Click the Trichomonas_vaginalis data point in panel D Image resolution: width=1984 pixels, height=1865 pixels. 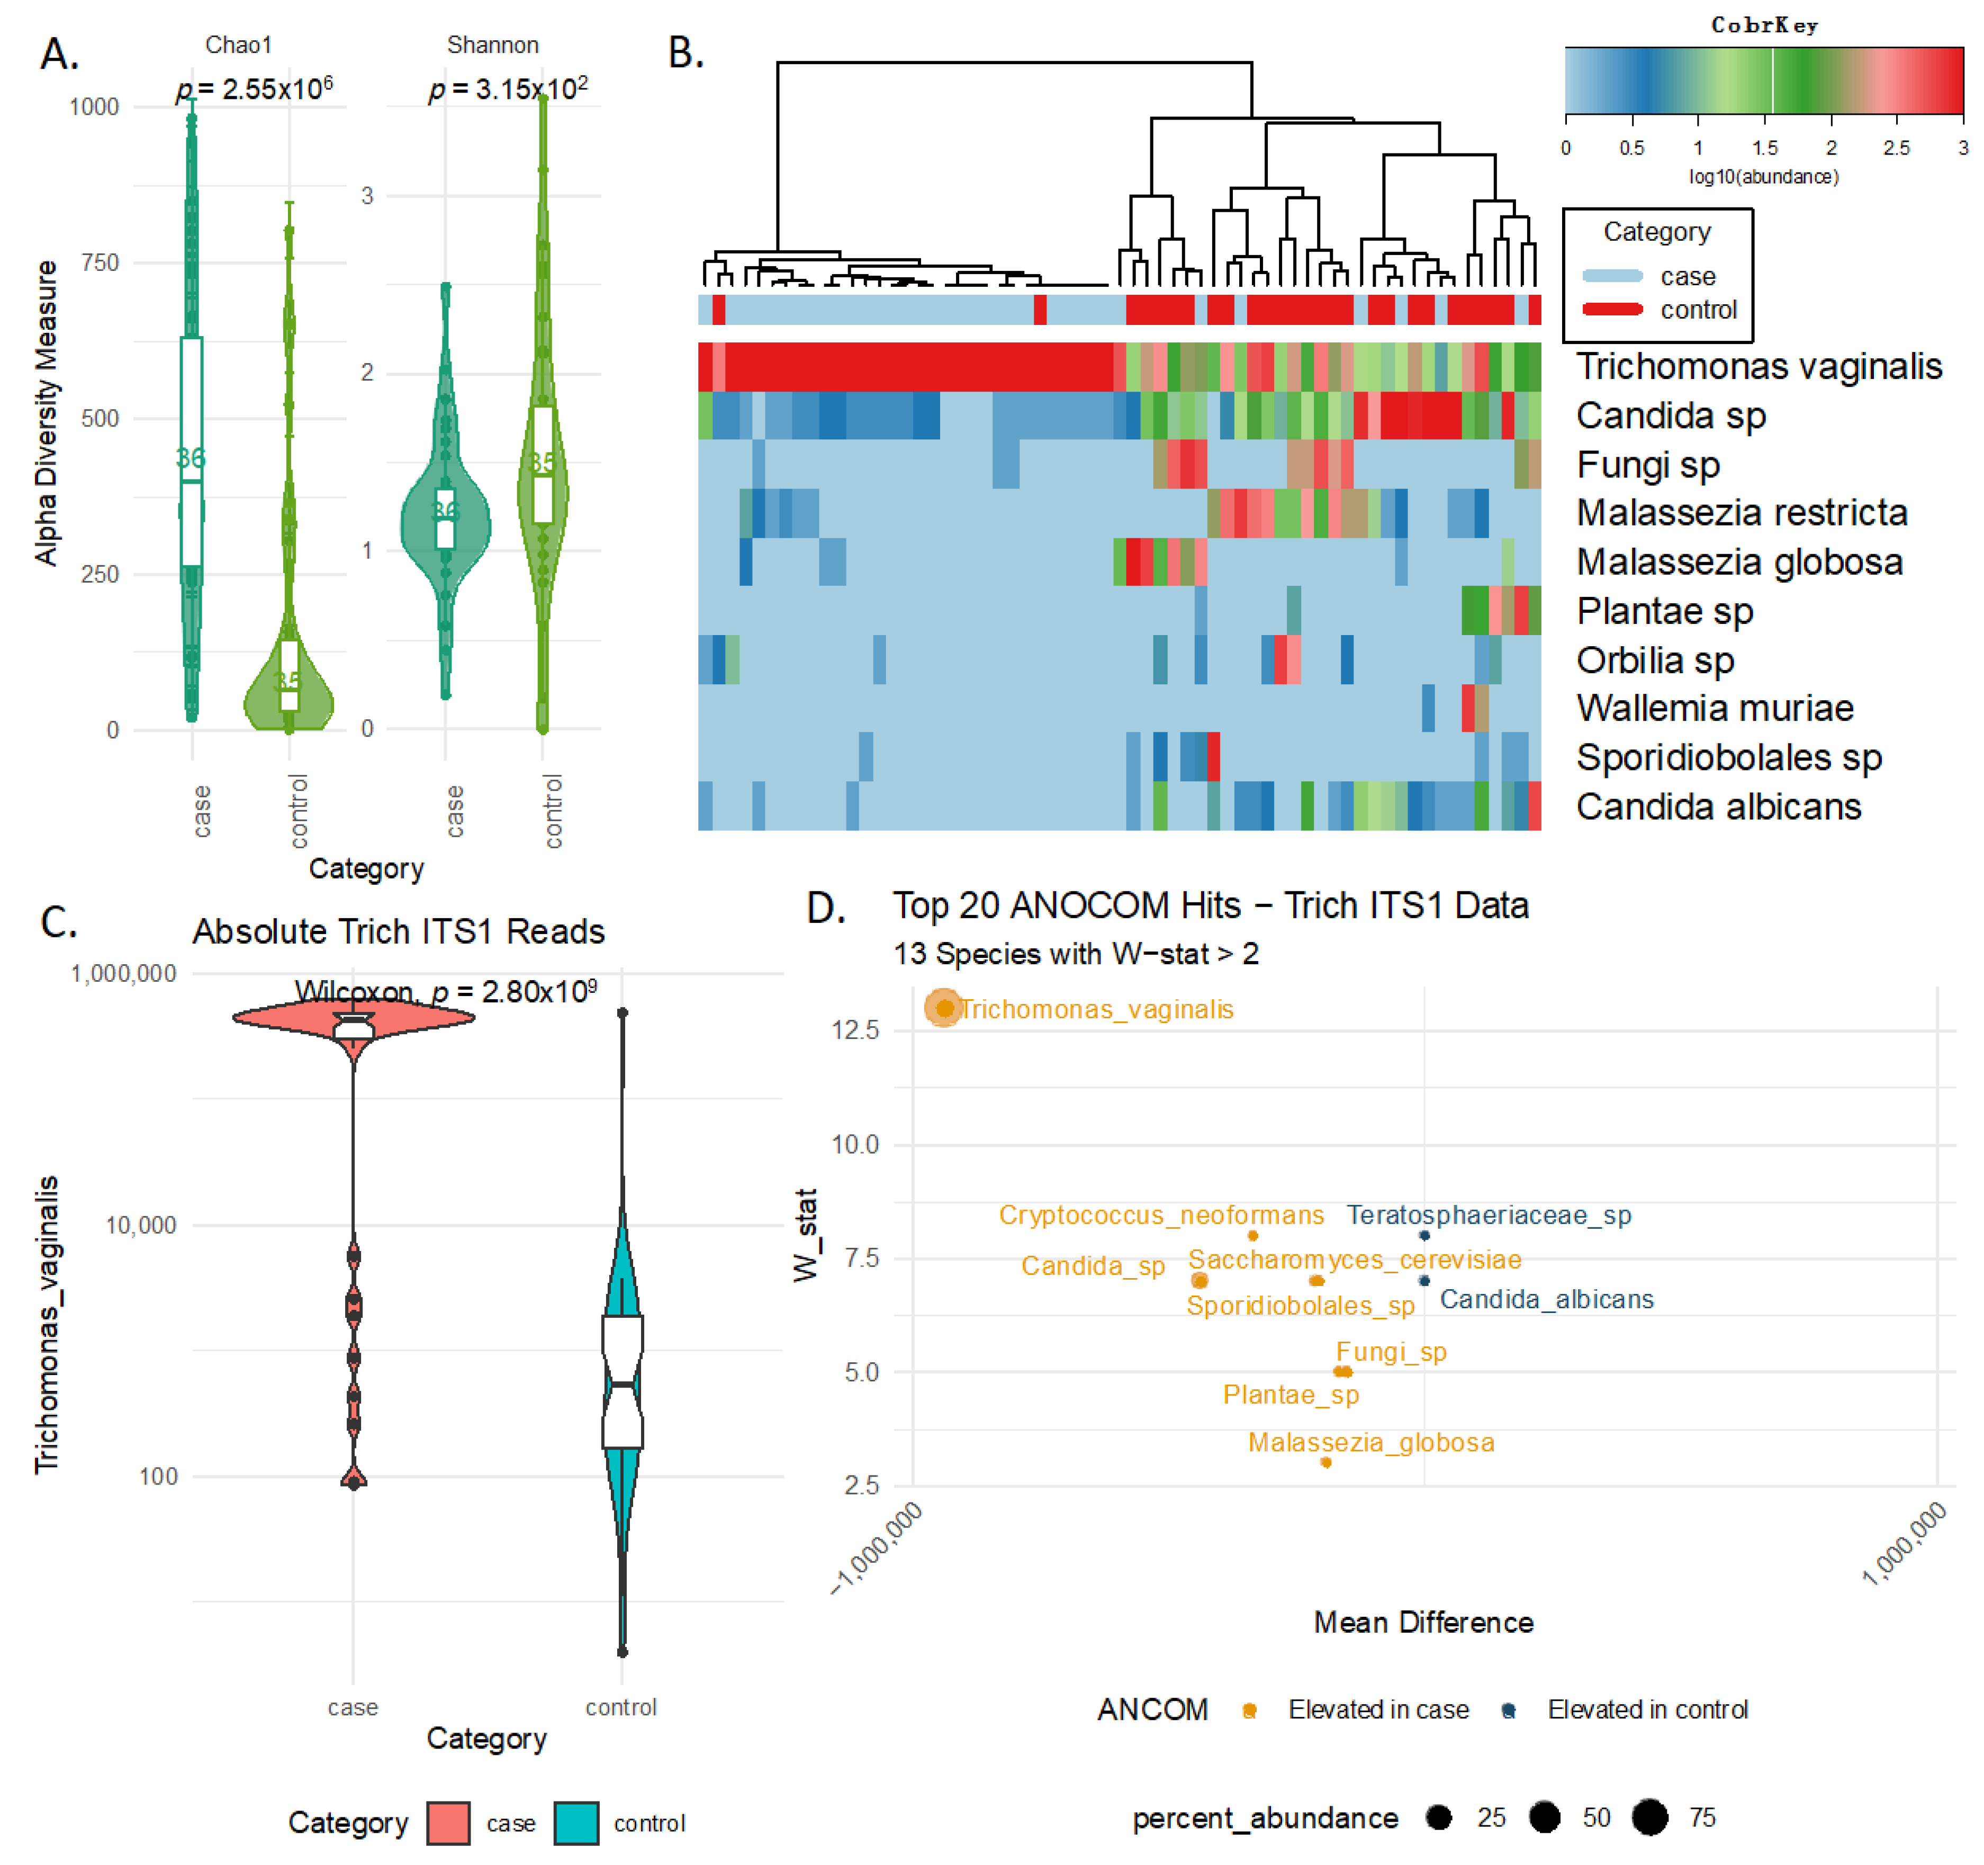click(944, 1009)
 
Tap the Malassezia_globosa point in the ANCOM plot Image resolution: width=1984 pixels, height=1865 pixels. click(1325, 1463)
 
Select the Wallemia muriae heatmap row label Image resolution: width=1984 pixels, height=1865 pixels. click(1715, 709)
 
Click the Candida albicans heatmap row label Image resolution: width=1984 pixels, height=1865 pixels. click(1719, 806)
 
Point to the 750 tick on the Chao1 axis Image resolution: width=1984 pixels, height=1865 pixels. click(100, 262)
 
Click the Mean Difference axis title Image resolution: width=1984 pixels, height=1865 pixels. click(1423, 1623)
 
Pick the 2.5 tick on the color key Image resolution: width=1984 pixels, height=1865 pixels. click(1896, 148)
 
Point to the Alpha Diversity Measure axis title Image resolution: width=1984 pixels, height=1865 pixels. click(46, 413)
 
